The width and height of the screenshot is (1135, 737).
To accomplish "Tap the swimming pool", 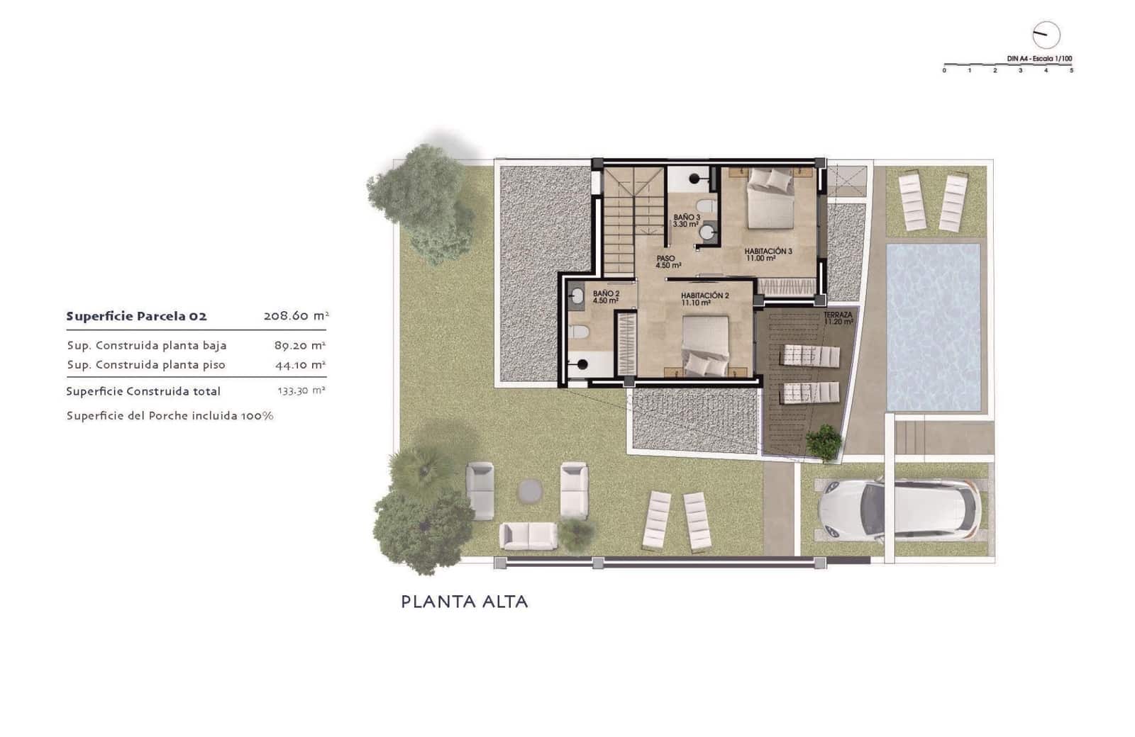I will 933,327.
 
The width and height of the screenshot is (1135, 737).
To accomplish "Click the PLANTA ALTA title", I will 465,602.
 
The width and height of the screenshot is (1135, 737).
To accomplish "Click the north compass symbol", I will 1045,35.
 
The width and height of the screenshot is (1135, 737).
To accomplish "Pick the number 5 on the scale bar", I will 1071,71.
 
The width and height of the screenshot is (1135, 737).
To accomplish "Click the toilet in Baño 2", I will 579,332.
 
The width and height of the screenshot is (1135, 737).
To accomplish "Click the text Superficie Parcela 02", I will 136,316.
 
